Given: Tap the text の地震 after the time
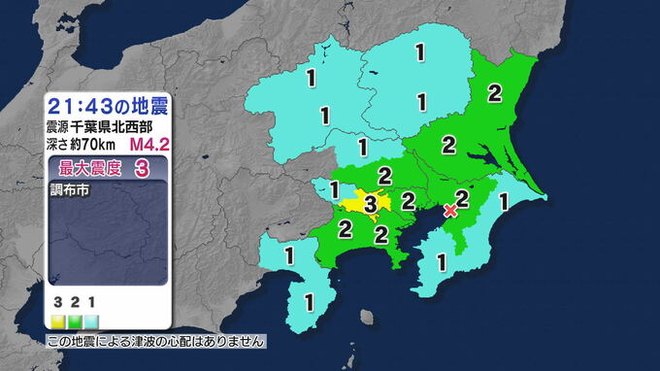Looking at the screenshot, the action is click(x=140, y=105).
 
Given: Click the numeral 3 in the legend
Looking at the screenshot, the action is click(x=58, y=304).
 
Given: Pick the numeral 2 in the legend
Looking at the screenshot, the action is click(x=74, y=304).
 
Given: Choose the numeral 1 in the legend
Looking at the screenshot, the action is click(x=89, y=304).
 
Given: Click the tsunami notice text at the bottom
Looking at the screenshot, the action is click(x=155, y=342).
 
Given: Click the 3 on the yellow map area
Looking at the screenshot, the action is click(x=370, y=204).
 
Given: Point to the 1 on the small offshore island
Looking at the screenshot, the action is click(x=367, y=317).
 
